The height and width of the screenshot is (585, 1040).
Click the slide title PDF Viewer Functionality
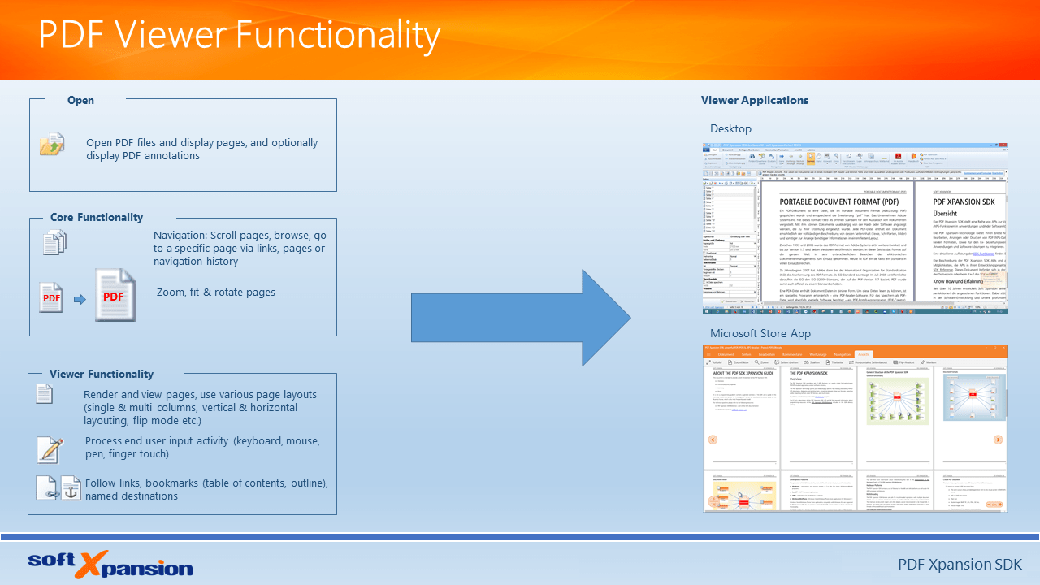239,37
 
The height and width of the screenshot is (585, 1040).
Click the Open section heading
80,101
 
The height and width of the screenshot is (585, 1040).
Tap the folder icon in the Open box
52,144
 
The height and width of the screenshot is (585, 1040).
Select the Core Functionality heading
96,218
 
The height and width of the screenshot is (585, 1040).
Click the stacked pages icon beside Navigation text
54,242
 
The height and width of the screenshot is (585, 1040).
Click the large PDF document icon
115,295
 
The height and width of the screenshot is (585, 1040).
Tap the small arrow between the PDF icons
80,299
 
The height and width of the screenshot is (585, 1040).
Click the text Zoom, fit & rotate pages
215,292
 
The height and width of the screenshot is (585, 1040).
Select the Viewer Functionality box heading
101,375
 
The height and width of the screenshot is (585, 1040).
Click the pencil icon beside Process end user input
50,449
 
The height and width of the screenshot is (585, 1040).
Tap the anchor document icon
71,487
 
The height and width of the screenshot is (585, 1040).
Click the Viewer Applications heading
754,101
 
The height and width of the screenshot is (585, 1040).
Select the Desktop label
730,128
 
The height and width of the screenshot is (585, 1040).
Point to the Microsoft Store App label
760,334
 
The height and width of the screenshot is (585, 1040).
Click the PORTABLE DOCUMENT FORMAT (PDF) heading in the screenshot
838,201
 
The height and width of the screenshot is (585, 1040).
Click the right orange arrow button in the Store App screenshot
999,440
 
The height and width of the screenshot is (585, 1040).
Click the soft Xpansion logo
110,564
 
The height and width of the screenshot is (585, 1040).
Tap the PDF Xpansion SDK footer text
959,564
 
